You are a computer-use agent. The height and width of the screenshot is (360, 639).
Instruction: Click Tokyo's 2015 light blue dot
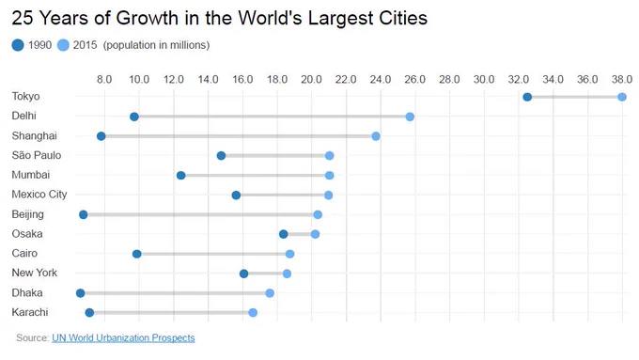click(622, 97)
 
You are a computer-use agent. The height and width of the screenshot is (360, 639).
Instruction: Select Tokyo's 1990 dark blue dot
click(527, 97)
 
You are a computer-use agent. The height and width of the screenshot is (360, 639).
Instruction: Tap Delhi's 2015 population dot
click(410, 117)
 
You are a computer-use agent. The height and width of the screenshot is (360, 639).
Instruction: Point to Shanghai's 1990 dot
click(101, 136)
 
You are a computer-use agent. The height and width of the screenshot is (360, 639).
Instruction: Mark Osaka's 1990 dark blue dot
click(284, 234)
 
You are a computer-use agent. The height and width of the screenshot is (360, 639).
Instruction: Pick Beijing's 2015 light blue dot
click(318, 215)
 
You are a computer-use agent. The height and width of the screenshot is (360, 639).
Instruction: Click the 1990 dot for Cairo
click(137, 254)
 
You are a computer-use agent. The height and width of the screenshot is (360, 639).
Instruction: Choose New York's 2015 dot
click(287, 274)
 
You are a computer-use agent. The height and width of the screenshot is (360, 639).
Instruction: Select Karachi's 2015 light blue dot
click(253, 313)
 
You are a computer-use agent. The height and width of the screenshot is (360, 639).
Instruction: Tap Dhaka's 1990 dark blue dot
click(80, 293)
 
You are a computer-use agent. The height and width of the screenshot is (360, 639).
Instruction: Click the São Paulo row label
click(37, 155)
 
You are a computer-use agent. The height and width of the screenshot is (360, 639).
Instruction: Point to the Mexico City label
click(39, 195)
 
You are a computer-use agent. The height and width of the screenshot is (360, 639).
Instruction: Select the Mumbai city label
click(31, 175)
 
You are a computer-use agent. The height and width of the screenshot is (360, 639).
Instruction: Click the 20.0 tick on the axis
click(311, 79)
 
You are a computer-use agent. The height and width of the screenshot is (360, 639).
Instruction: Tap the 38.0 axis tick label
click(622, 79)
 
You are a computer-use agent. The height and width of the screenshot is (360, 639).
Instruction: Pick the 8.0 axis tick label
click(104, 79)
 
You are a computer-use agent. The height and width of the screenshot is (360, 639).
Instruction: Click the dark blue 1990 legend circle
click(18, 45)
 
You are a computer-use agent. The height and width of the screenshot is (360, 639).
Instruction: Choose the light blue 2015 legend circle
click(63, 45)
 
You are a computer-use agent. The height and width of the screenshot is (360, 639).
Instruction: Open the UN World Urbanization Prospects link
click(123, 338)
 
